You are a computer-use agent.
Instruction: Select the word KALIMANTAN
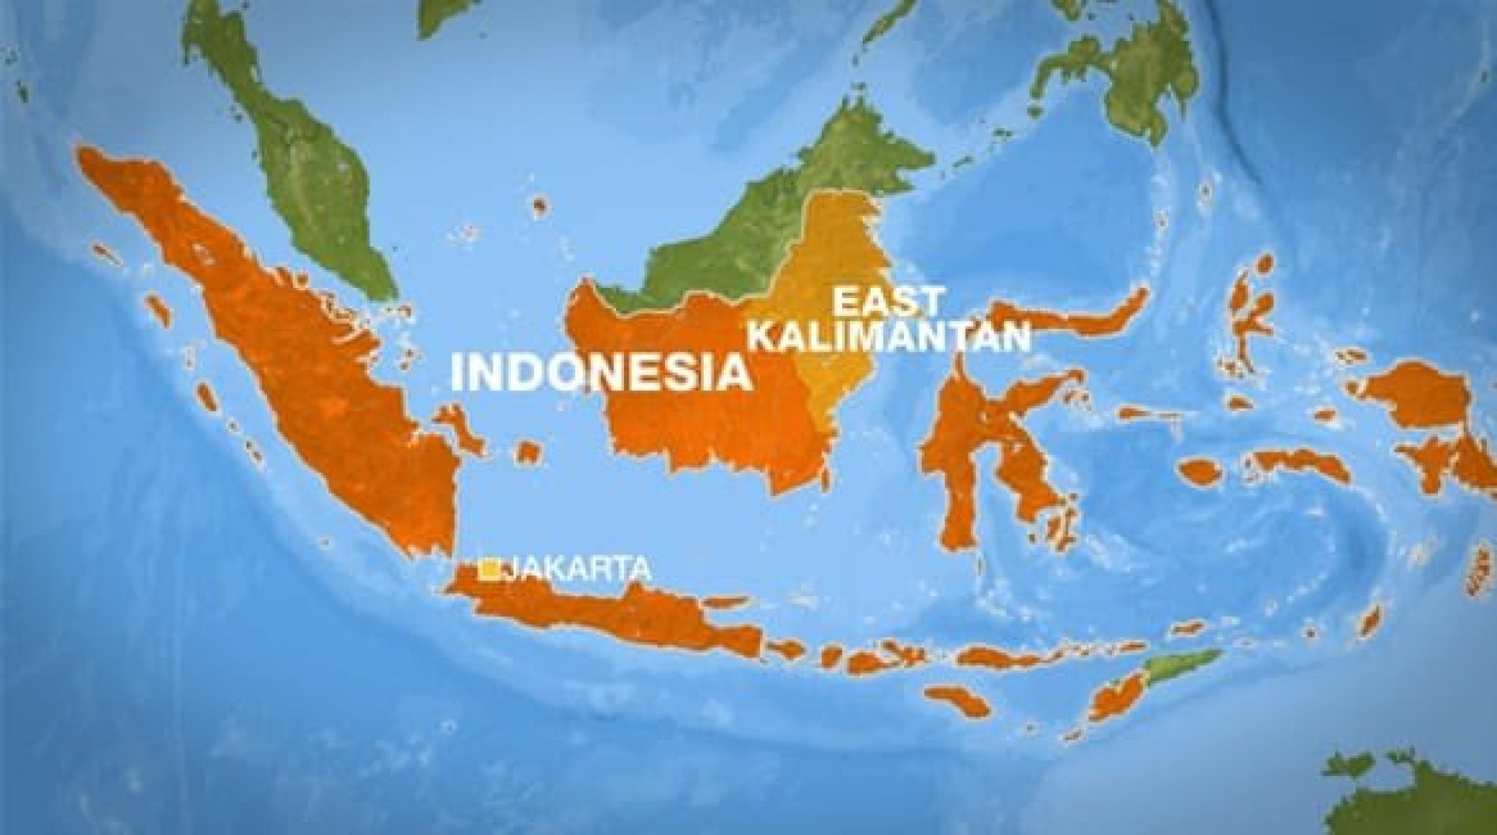point(889,337)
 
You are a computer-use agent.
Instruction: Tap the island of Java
point(615,623)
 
